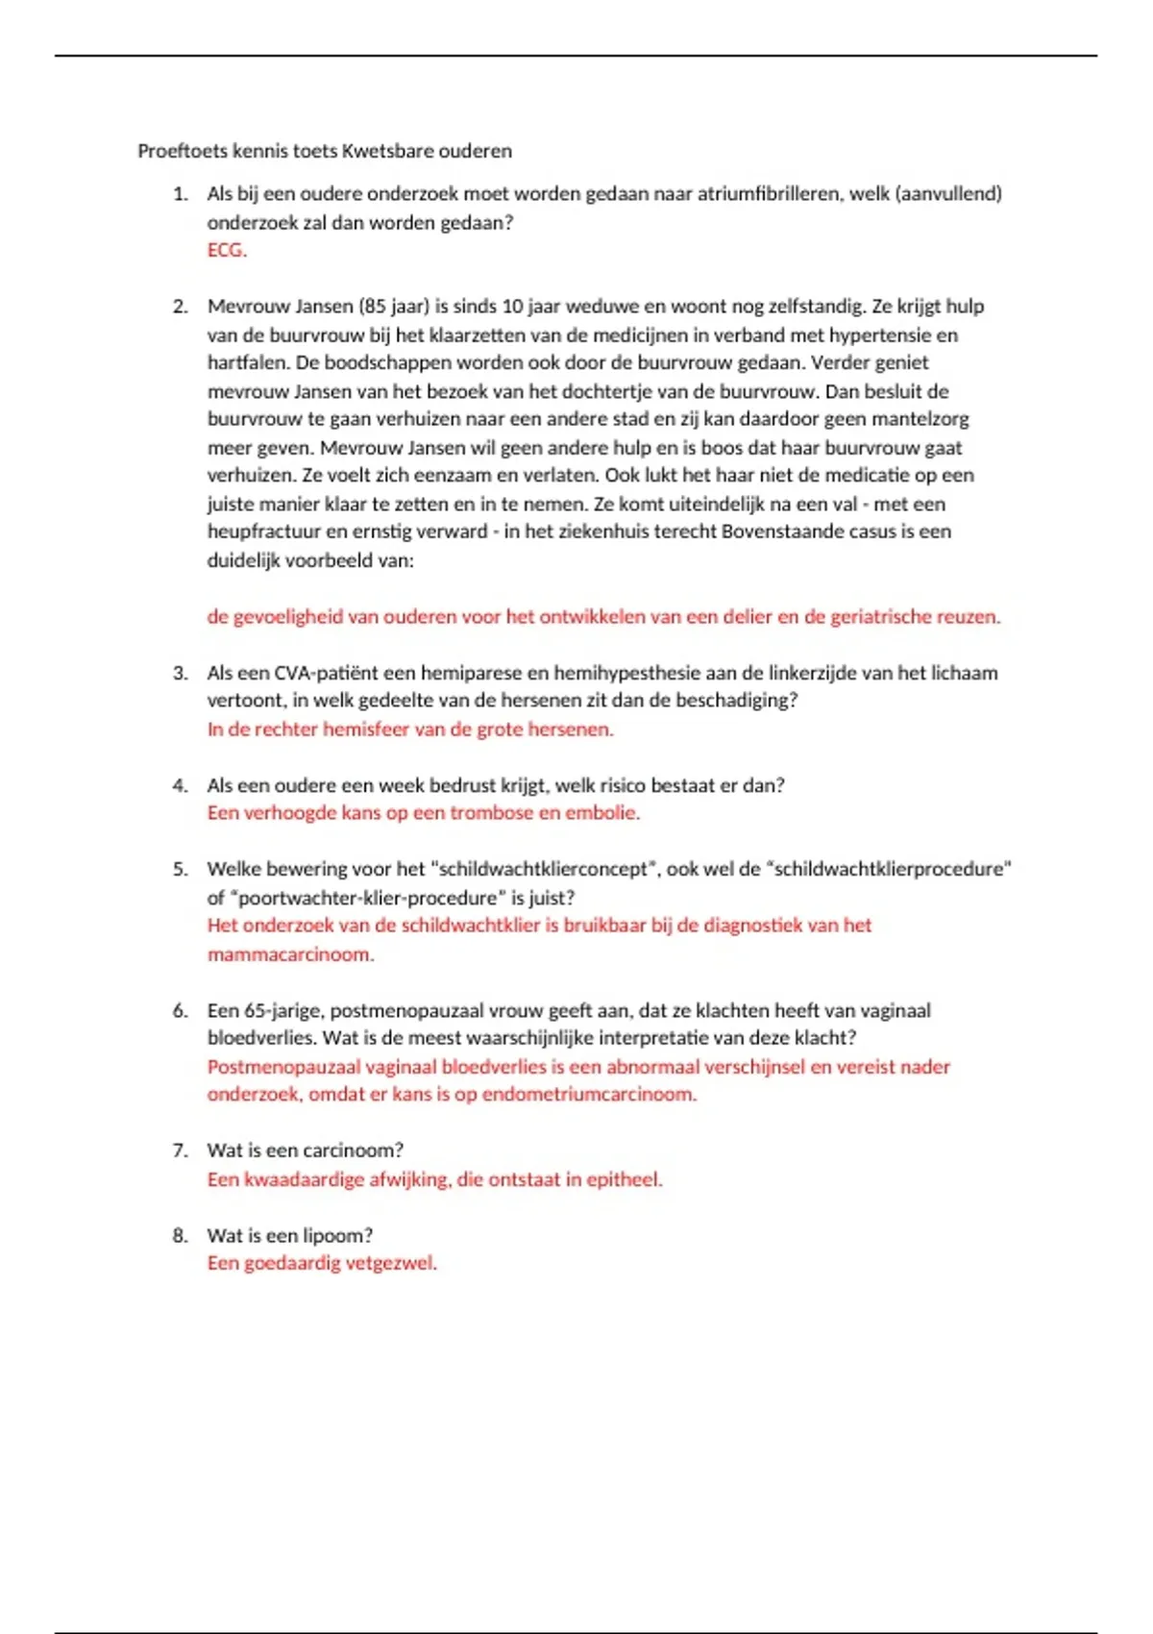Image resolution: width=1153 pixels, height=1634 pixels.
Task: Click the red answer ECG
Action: [x=227, y=250]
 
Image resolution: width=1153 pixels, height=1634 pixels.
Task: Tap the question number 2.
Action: [x=181, y=307]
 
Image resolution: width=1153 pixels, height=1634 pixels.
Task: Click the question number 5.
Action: [x=181, y=869]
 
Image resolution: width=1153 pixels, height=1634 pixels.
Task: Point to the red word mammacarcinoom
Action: [x=290, y=954]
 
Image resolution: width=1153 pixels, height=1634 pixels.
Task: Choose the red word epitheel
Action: [x=625, y=1179]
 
